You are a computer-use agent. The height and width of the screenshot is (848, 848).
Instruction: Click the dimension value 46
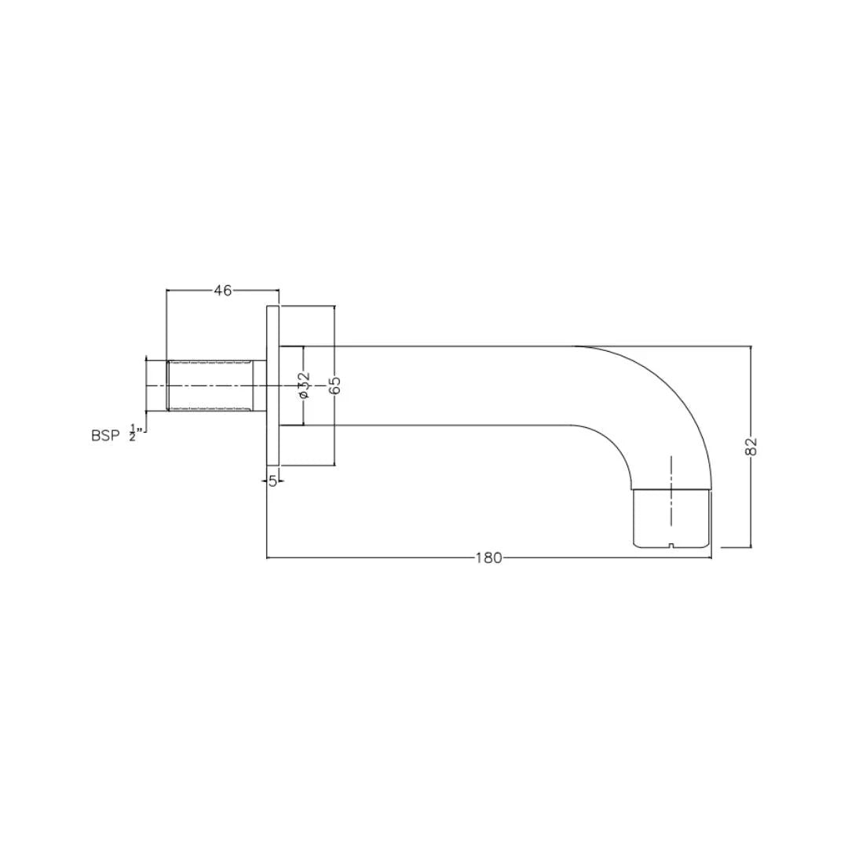223,291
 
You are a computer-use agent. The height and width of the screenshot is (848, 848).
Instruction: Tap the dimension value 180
488,558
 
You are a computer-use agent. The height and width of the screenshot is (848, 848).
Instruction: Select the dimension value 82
751,446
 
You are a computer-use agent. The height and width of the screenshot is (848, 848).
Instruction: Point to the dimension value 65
334,385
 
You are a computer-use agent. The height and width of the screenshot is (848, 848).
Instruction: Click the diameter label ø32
305,385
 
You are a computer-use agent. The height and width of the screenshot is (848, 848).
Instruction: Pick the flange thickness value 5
272,481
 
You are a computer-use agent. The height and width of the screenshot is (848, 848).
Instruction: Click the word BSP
105,437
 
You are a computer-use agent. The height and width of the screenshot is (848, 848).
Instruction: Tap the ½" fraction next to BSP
134,433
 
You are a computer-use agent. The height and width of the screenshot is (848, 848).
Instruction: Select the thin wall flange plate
273,385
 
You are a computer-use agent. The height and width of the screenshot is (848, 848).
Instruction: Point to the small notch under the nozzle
671,543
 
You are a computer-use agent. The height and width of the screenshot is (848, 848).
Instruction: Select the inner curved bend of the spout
620,448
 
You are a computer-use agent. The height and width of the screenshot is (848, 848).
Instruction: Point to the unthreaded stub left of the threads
155,385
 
